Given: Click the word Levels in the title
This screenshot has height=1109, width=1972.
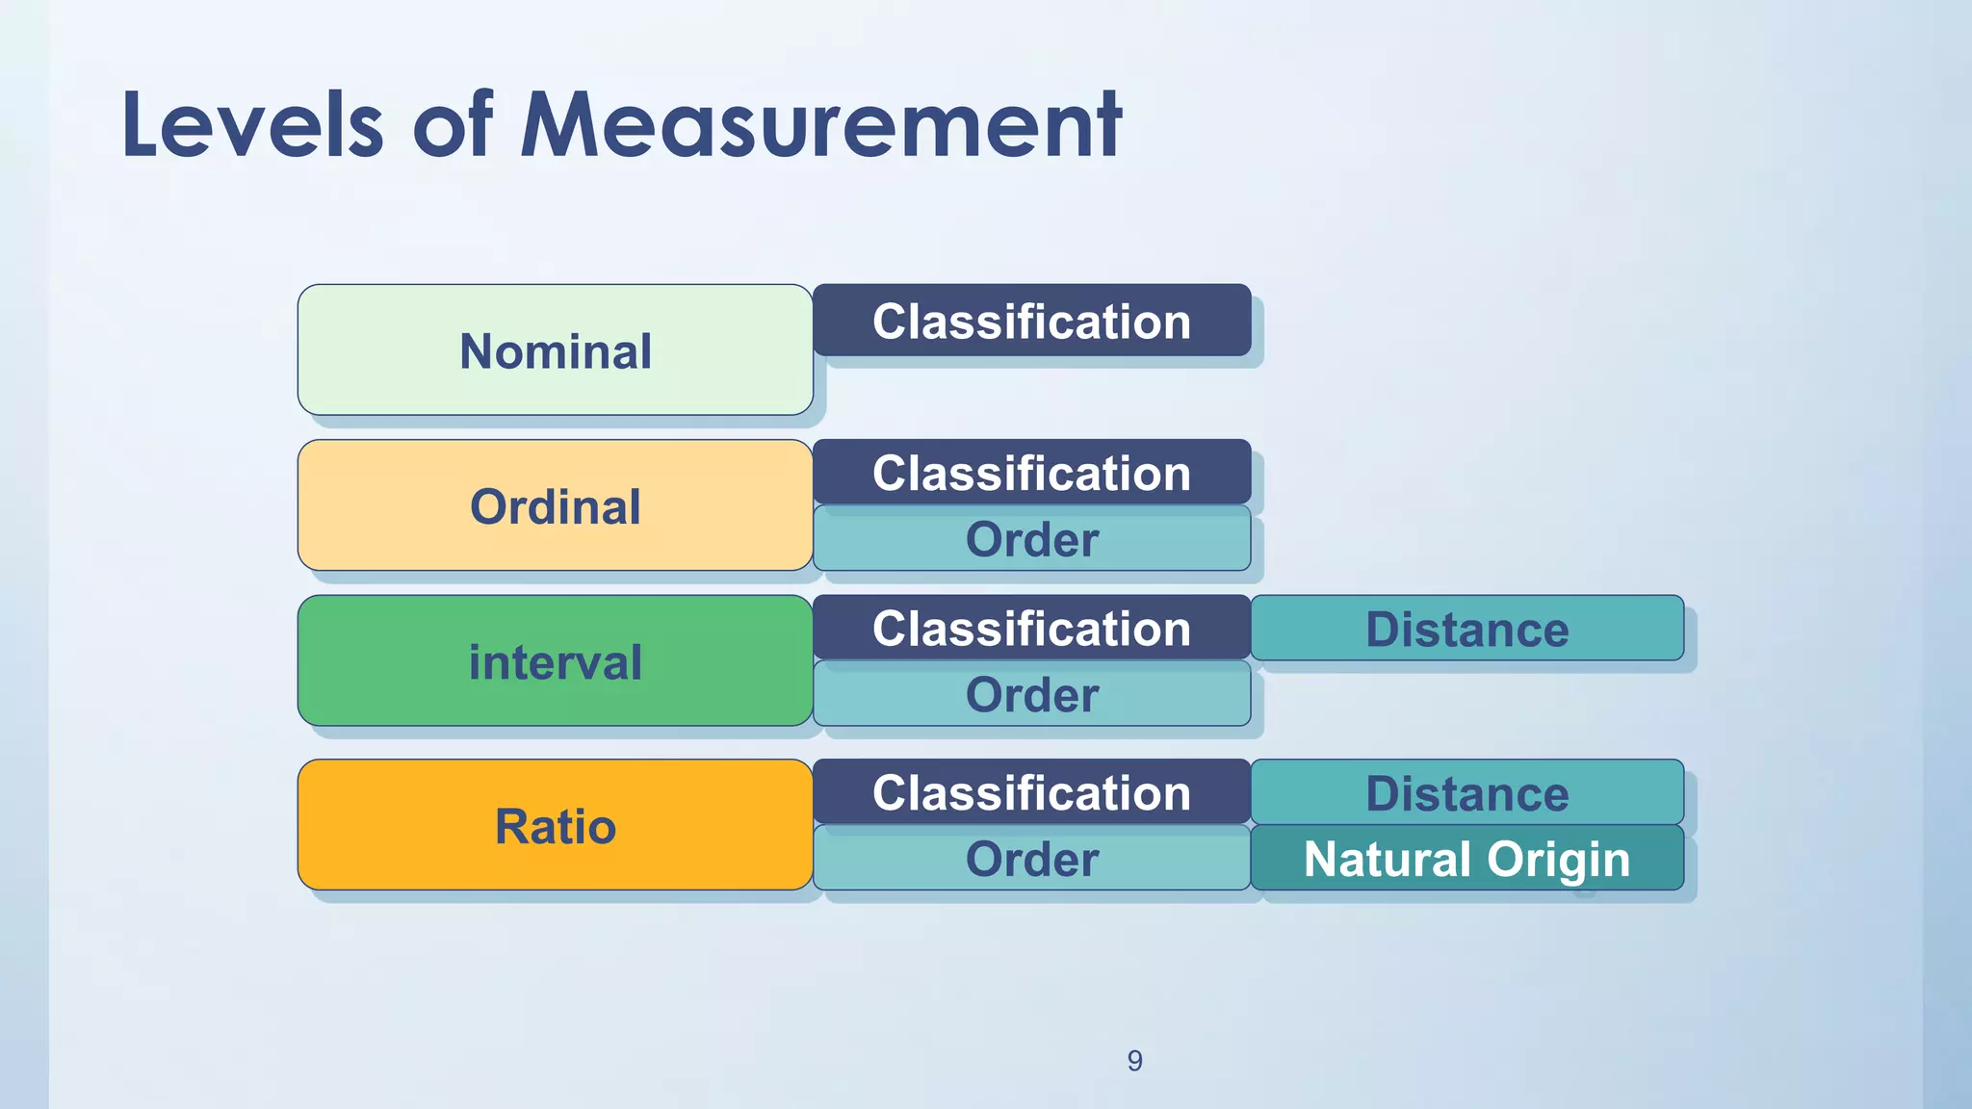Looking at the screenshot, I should tap(252, 125).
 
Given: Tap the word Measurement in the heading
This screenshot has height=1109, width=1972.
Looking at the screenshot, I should tap(820, 125).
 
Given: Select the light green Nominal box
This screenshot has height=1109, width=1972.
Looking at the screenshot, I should tap(555, 350).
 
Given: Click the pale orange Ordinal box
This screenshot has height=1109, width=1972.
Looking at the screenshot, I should tap(555, 506).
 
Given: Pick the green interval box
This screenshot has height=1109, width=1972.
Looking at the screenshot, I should tap(555, 661).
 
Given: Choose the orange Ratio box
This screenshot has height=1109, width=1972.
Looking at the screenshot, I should tap(555, 825).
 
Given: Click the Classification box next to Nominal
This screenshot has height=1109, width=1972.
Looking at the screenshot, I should tap(1031, 321).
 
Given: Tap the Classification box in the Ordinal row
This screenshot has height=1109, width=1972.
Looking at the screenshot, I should tap(1031, 473).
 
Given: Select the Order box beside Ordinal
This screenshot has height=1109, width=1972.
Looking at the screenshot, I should tap(1031, 539).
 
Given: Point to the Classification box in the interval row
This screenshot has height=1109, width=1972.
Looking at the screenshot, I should tap(1031, 628).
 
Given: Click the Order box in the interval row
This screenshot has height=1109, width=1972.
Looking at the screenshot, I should tap(1031, 694).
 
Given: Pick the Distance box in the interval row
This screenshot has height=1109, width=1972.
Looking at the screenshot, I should tap(1466, 629).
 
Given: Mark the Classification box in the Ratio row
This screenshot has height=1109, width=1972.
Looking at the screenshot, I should tap(1031, 792).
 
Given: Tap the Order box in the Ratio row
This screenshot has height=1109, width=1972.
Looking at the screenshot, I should tap(1031, 859).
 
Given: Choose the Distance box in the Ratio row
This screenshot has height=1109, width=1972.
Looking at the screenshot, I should tap(1466, 793).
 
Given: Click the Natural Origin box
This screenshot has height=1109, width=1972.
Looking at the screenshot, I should tap(1466, 859).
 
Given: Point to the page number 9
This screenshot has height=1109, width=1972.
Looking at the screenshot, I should tap(1134, 1061).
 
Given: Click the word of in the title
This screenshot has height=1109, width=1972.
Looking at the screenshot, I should tap(453, 125).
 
